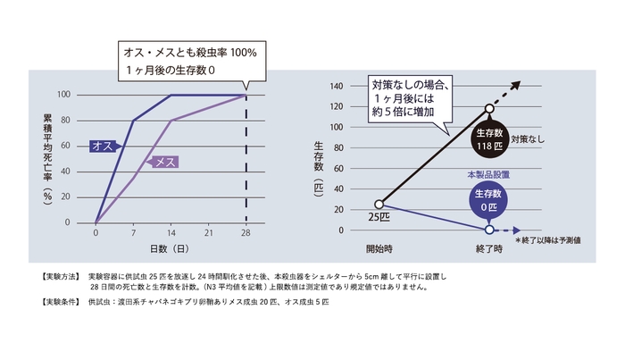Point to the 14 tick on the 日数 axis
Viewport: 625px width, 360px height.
[171, 232]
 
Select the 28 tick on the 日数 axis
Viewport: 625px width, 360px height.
[246, 232]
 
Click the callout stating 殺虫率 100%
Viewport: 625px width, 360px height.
[189, 60]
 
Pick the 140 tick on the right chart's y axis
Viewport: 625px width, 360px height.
[337, 87]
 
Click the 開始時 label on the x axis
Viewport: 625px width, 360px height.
[379, 247]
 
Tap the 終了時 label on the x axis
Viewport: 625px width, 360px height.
[490, 247]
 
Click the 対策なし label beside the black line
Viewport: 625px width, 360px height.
[536, 139]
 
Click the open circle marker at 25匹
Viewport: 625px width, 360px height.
[379, 204]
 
